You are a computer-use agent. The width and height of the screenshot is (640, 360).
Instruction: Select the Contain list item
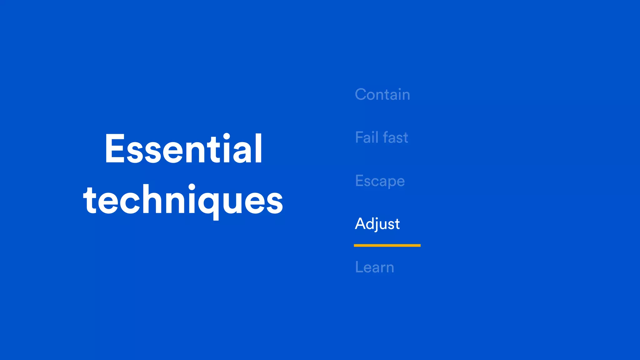382,94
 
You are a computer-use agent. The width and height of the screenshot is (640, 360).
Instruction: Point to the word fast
395,137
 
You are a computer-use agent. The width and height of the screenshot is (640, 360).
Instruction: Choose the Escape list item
380,181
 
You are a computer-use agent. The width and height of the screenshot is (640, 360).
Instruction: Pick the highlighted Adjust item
377,224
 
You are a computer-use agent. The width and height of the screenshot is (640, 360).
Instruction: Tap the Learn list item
374,267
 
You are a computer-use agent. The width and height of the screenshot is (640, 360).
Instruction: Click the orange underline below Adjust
387,246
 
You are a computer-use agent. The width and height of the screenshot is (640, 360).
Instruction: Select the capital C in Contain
361,94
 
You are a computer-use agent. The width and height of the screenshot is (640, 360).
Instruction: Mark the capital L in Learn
359,267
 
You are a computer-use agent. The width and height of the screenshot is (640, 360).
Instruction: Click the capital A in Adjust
361,224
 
